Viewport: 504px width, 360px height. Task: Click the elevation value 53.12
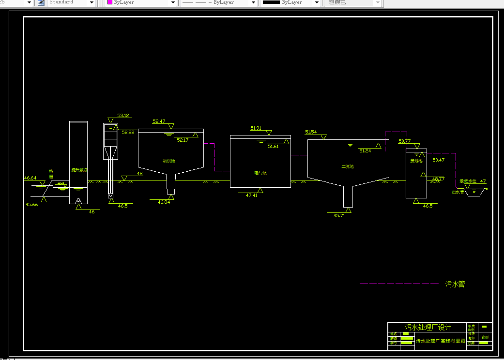click(x=123, y=116)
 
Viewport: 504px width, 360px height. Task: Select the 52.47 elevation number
click(x=159, y=121)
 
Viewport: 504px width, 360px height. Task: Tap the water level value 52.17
click(x=183, y=140)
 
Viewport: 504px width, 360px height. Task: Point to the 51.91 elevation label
click(x=256, y=128)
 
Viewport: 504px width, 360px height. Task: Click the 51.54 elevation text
click(x=311, y=132)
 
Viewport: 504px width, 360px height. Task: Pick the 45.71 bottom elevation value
click(x=339, y=216)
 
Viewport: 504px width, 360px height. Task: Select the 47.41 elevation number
click(x=251, y=195)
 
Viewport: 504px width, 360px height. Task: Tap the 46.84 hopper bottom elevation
click(x=164, y=202)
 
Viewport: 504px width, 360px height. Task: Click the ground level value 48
click(x=140, y=174)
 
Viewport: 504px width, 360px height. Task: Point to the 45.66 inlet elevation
click(x=31, y=205)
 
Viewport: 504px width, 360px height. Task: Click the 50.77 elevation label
click(x=404, y=141)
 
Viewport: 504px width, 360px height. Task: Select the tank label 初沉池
click(x=168, y=161)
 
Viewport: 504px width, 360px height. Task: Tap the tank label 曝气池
click(x=260, y=173)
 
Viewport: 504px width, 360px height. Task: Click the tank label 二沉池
click(x=347, y=166)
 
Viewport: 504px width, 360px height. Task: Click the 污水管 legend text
click(x=455, y=284)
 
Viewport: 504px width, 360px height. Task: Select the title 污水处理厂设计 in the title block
click(x=428, y=328)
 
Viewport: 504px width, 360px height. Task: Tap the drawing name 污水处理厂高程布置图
click(x=441, y=341)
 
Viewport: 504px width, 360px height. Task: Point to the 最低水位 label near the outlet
click(x=468, y=181)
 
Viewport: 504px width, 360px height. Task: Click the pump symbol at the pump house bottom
click(x=78, y=200)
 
